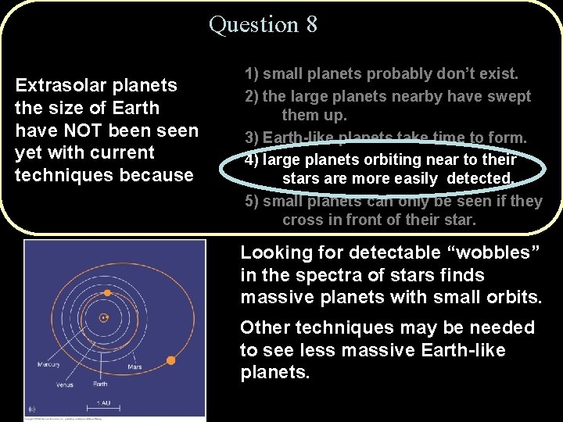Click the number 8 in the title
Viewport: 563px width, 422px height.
click(312, 24)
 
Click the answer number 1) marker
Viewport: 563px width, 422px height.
click(252, 74)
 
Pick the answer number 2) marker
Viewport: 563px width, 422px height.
click(252, 96)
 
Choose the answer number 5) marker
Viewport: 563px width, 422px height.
click(252, 201)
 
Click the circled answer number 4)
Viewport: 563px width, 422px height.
click(252, 159)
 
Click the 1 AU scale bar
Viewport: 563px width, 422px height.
click(102, 404)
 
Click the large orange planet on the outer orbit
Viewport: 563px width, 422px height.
click(171, 360)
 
